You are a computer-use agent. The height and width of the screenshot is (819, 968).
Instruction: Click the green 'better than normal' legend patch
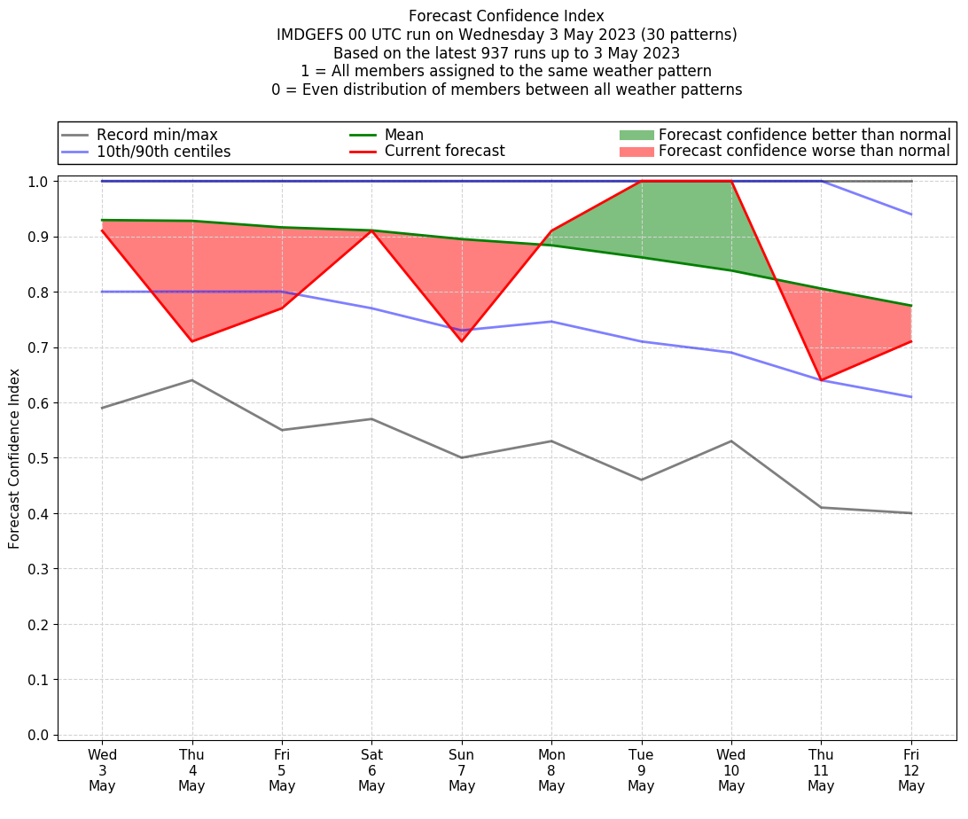[x=636, y=135]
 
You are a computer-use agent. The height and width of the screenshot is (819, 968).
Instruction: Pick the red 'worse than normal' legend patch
[x=636, y=152]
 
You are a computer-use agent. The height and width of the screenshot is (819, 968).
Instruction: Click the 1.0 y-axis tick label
[x=38, y=182]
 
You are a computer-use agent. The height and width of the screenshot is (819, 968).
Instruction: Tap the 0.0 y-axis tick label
[x=38, y=736]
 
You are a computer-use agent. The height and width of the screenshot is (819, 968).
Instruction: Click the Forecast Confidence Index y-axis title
[x=15, y=458]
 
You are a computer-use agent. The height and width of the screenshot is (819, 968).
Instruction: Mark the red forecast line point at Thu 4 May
[x=192, y=341]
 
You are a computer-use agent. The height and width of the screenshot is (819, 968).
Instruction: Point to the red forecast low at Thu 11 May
[x=821, y=380]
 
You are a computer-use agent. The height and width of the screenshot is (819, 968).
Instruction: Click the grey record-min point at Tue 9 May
[x=641, y=480]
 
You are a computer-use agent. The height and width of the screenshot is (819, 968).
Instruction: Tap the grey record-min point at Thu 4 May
[x=192, y=380]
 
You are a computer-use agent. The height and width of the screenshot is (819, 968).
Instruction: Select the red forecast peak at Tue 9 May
[x=641, y=181]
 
